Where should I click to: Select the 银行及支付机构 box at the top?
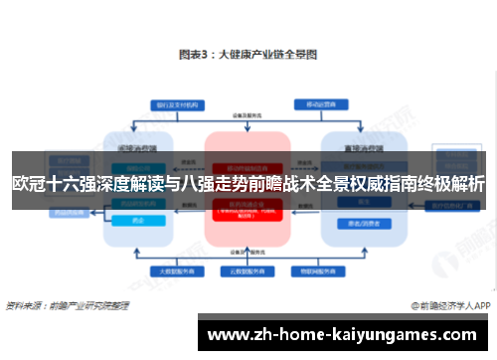pos(174,103)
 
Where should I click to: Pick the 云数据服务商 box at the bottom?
pos(248,270)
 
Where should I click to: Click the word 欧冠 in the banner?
pos(29,182)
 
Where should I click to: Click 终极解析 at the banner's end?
pos(450,182)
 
